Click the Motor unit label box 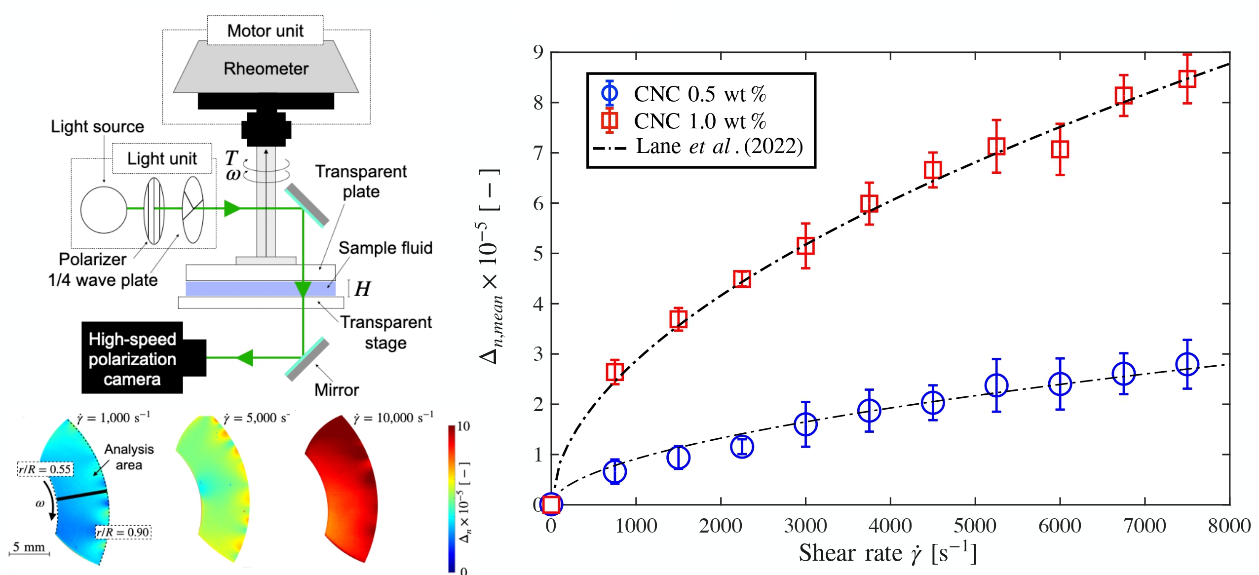tap(265, 31)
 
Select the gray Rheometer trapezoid tap(266, 68)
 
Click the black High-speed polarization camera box tap(132, 358)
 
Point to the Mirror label tap(337, 390)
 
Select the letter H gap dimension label tap(362, 289)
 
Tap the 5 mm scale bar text tap(29, 547)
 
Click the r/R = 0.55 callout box tap(45, 469)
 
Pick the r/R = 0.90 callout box tap(123, 532)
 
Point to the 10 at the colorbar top tap(463, 426)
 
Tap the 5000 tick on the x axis tap(975, 526)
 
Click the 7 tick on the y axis tap(538, 153)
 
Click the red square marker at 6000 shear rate tap(1060, 149)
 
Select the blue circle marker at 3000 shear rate tap(805, 424)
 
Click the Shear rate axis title tap(887, 553)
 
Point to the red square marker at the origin tap(551, 504)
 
